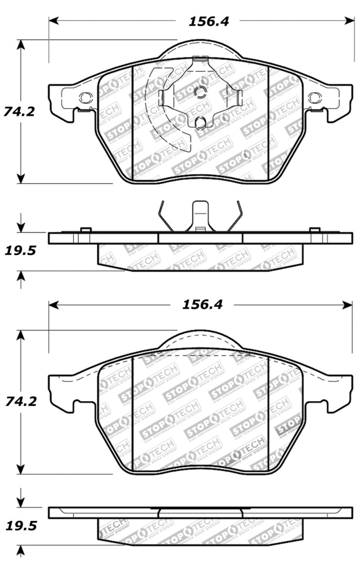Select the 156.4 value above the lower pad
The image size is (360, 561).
pyautogui.click(x=202, y=305)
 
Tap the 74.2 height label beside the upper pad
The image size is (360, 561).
pyautogui.click(x=19, y=111)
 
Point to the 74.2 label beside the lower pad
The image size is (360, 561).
pyautogui.click(x=19, y=401)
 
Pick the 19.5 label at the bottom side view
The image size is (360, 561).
pyautogui.click(x=20, y=525)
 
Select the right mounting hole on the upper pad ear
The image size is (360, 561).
pyautogui.click(x=314, y=97)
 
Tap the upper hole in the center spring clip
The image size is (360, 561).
pyautogui.click(x=201, y=91)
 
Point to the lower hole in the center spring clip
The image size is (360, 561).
pyautogui.click(x=201, y=121)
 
